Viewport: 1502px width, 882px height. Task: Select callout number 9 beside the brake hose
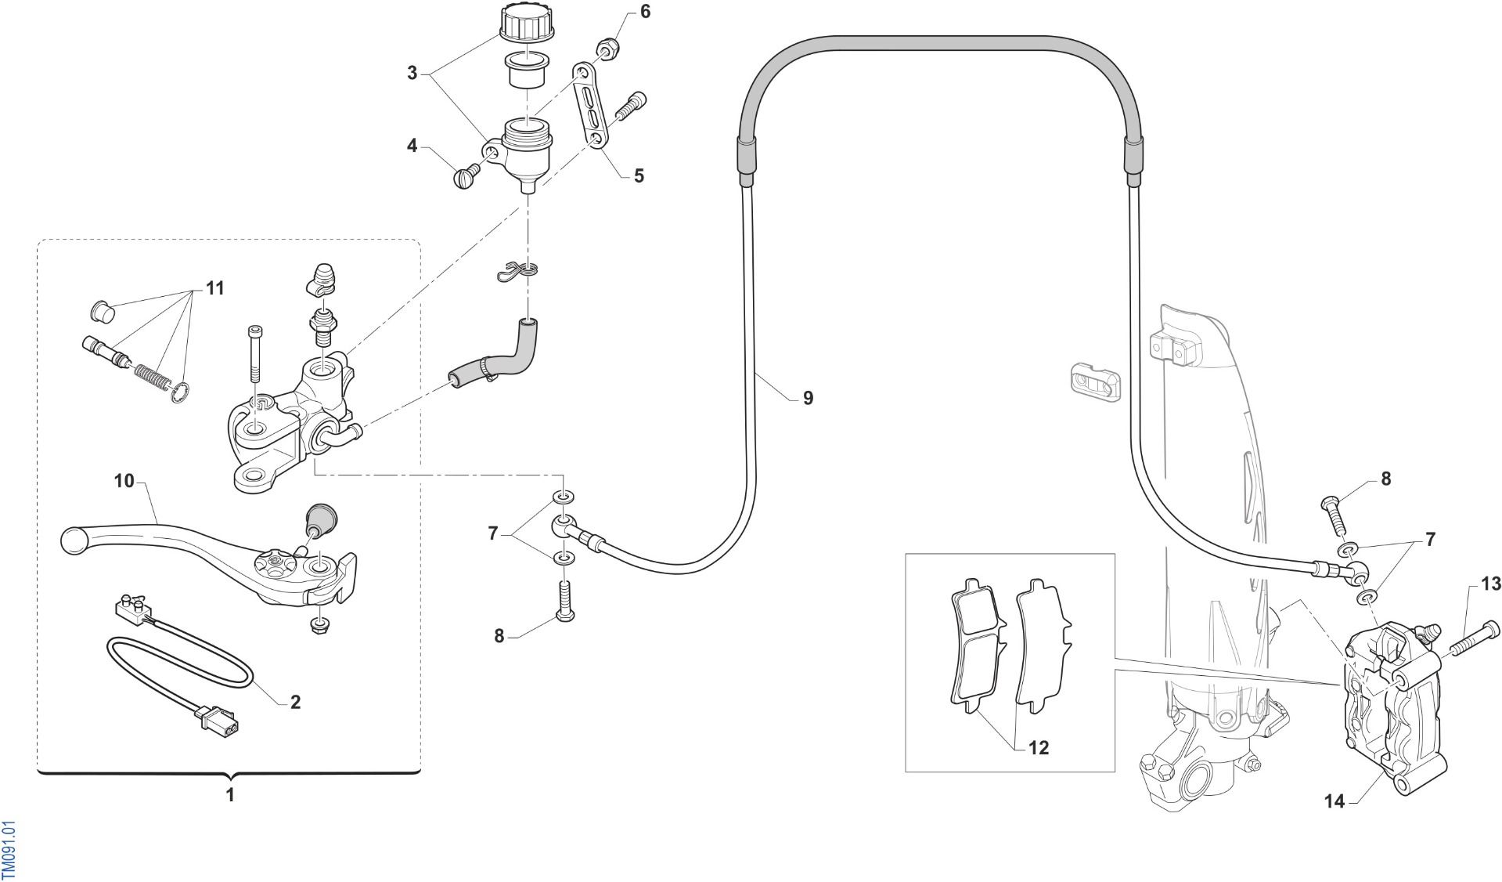pos(808,399)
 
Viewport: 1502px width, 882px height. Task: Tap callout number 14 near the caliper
pos(1335,801)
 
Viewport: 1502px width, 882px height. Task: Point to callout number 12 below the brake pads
pos(1038,748)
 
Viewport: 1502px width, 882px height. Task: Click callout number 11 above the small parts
pos(214,288)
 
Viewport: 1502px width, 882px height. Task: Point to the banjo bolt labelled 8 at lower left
pos(564,601)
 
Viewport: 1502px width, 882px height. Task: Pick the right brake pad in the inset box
pos(1040,646)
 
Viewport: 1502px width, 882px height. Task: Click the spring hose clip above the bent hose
pos(518,269)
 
